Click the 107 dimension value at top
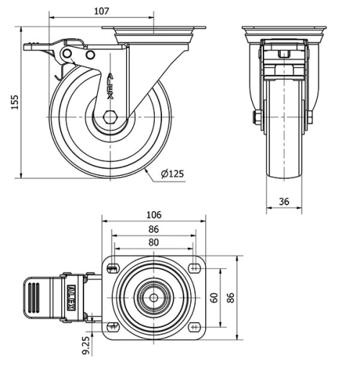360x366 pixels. pyautogui.click(x=102, y=11)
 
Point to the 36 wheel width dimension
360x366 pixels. pyautogui.click(x=284, y=202)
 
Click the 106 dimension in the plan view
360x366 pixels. pyautogui.click(x=153, y=215)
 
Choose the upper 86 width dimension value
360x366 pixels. pyautogui.click(x=153, y=229)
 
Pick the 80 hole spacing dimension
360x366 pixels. pyautogui.click(x=153, y=243)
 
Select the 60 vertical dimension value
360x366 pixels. pyautogui.click(x=214, y=298)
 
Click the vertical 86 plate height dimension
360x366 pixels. pyautogui.click(x=231, y=297)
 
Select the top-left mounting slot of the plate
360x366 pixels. pyautogui.click(x=112, y=269)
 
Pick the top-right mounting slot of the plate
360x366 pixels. pyautogui.click(x=195, y=269)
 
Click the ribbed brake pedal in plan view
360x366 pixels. pyautogui.click(x=34, y=297)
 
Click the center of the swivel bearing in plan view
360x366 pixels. pyautogui.click(x=153, y=297)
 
